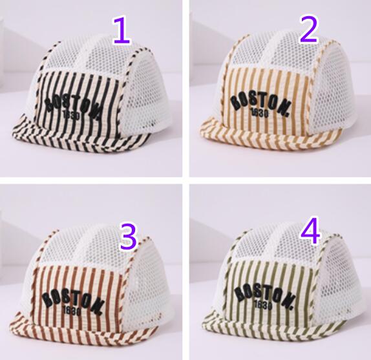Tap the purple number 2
pyautogui.click(x=308, y=29)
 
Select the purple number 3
pyautogui.click(x=129, y=237)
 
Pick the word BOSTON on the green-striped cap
pyautogui.click(x=266, y=295)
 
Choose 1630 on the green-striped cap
pyautogui.click(x=262, y=305)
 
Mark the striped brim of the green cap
pyautogui.click(x=272, y=325)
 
